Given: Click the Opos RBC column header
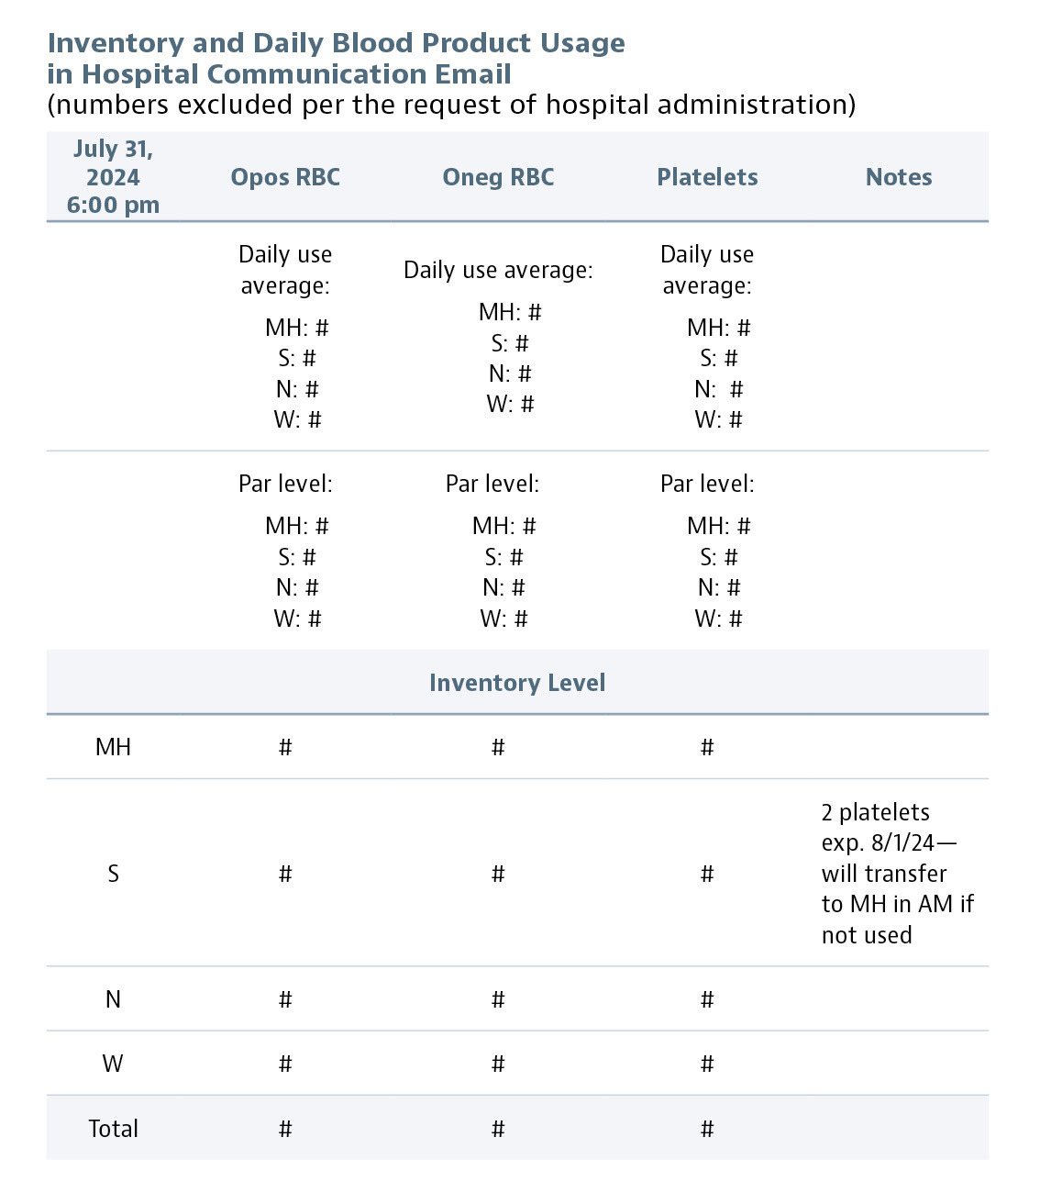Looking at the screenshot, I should pos(285,177).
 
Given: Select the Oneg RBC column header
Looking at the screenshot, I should pos(498,177).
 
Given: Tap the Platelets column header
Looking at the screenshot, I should pos(707,177).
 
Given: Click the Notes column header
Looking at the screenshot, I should pos(899,177).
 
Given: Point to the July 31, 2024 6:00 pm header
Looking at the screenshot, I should pos(113,177).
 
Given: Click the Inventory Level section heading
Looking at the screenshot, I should pos(517,683).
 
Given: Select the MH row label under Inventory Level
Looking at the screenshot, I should pos(113,747).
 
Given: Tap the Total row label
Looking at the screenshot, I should pos(113,1129).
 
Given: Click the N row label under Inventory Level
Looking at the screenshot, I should pos(113,999).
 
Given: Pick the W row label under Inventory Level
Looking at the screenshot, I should pos(113,1064).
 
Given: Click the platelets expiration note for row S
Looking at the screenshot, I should pos(896,874).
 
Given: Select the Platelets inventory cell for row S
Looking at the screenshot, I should pos(707,875).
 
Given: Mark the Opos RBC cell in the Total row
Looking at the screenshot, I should pos(285,1130).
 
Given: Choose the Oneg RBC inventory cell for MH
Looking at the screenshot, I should pos(498,748).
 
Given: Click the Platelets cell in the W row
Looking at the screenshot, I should pos(707,1065).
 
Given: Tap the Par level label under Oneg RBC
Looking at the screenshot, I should pos(492,484).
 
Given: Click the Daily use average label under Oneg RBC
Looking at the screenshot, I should pos(498,270).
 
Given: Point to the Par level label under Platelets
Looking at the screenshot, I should pos(707,484).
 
